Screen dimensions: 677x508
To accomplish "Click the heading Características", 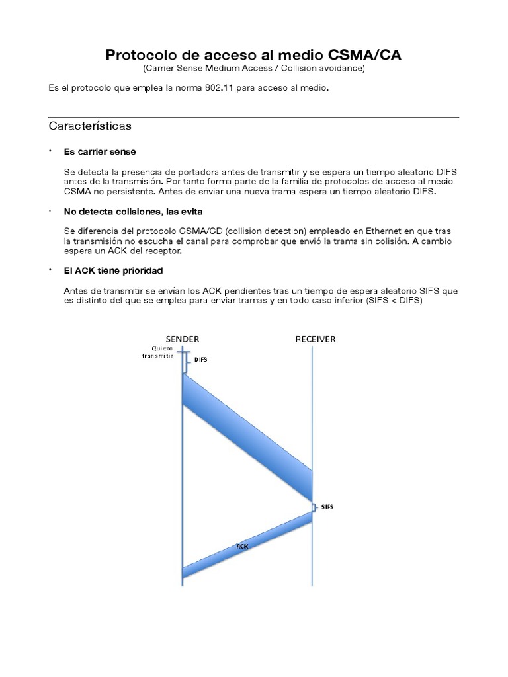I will point(90,126).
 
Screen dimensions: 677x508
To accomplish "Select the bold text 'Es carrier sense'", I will point(100,151).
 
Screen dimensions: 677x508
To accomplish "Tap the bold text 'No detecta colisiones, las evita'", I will point(133,211).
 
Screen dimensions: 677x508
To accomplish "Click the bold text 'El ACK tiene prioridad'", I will point(113,271).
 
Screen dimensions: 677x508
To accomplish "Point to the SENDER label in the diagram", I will point(182,339).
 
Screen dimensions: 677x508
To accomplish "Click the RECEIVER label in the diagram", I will point(316,339).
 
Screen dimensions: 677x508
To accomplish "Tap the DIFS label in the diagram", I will point(200,360).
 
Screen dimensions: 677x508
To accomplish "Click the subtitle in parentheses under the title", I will point(253,68).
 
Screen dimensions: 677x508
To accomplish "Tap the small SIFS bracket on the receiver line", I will point(315,508).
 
